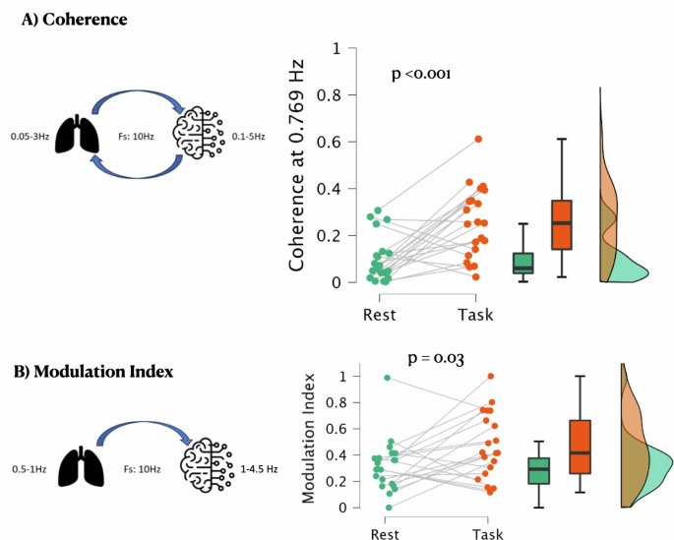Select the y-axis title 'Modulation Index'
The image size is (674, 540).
pos(309,439)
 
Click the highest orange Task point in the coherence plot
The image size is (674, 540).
pos(478,140)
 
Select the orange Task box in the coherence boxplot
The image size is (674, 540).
pos(561,225)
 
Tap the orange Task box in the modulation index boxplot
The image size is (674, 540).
pos(580,447)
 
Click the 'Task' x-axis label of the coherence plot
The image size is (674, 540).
pos(475,316)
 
